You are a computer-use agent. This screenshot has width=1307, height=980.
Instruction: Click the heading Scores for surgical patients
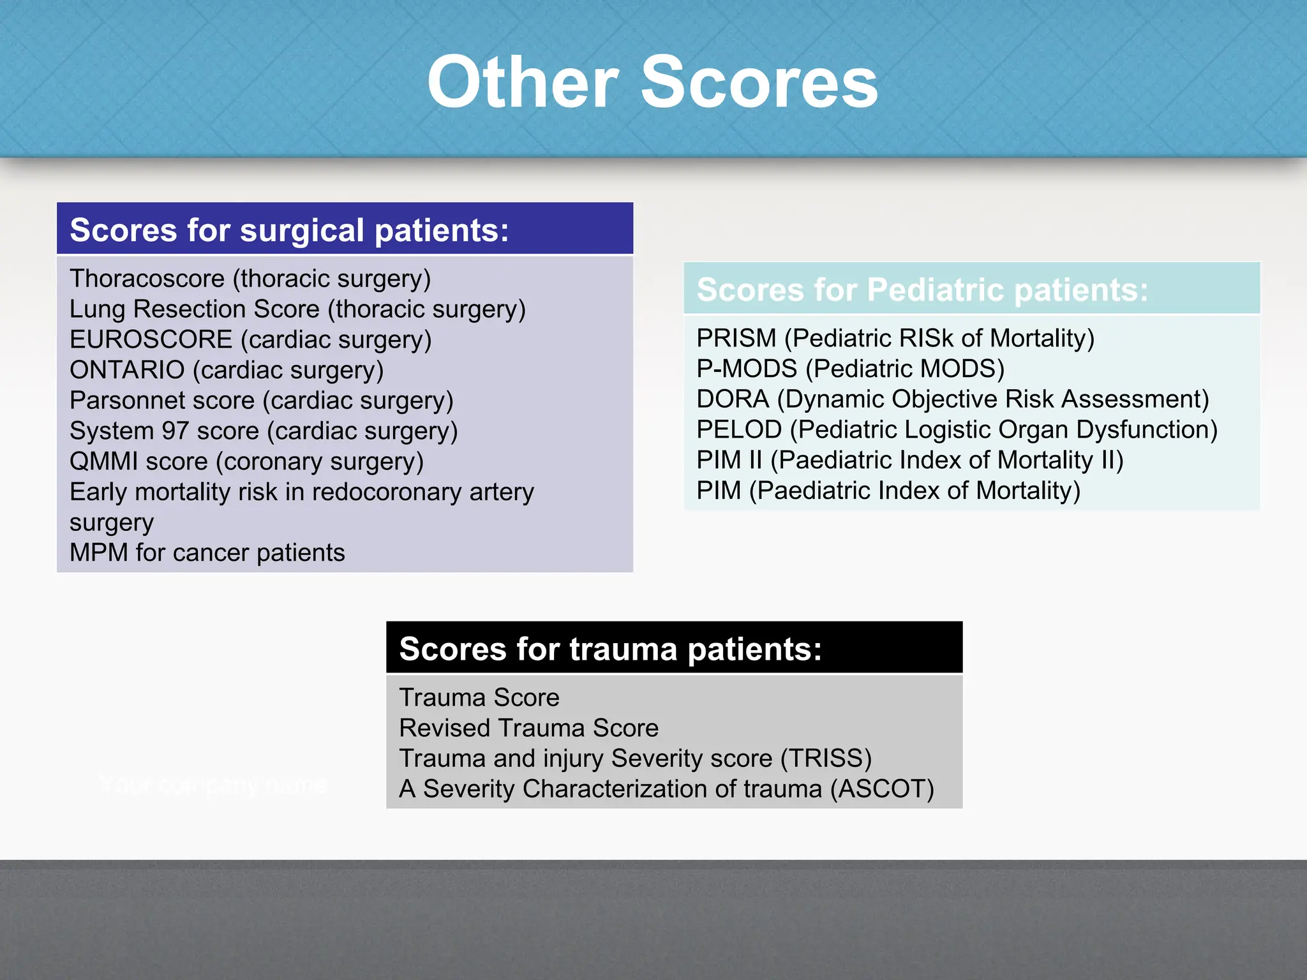pyautogui.click(x=289, y=230)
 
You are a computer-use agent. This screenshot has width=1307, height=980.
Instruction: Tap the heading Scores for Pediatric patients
pyautogui.click(x=922, y=290)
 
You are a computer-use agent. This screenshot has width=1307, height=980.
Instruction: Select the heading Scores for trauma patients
pyautogui.click(x=610, y=649)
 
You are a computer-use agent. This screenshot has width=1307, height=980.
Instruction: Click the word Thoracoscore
pyautogui.click(x=147, y=279)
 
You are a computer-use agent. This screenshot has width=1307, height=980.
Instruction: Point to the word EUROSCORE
pyautogui.click(x=151, y=339)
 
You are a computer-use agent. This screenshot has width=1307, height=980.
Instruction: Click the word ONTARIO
pyautogui.click(x=127, y=370)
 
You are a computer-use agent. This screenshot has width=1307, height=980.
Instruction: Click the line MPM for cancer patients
pyautogui.click(x=207, y=553)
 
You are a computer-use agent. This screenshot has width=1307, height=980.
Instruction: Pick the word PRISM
pyautogui.click(x=736, y=338)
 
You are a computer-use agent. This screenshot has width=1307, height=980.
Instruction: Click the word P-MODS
pyautogui.click(x=747, y=369)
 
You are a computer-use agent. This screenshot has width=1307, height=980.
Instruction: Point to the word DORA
pyautogui.click(x=733, y=399)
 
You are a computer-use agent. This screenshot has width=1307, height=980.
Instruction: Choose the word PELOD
pyautogui.click(x=739, y=430)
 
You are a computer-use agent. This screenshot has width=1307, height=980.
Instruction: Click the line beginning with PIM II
pyautogui.click(x=909, y=460)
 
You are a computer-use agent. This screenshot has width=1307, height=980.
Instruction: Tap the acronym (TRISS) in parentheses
pyautogui.click(x=826, y=759)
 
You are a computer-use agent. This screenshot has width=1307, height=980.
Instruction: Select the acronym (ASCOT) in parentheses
pyautogui.click(x=882, y=789)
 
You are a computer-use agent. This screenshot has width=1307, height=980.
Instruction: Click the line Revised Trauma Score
pyautogui.click(x=528, y=728)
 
